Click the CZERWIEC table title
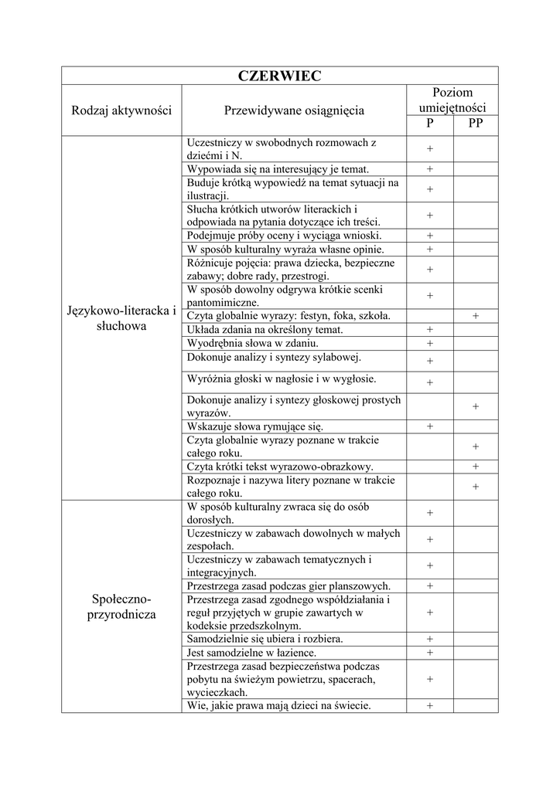coord(280,76)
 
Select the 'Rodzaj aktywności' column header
coord(121,110)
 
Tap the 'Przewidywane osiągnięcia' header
coord(294,110)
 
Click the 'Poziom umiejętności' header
coord(452,100)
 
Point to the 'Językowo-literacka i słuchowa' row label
coord(121,318)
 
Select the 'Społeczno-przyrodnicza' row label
coord(121,606)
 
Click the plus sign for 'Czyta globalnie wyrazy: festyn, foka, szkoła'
coord(476,316)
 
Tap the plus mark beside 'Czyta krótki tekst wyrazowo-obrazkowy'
coord(476,466)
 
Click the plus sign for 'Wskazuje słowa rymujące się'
coord(430,426)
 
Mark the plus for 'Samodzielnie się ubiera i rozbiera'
coord(430,639)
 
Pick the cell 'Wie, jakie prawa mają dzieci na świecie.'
coord(279,705)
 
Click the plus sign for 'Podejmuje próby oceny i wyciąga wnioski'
coord(430,236)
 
